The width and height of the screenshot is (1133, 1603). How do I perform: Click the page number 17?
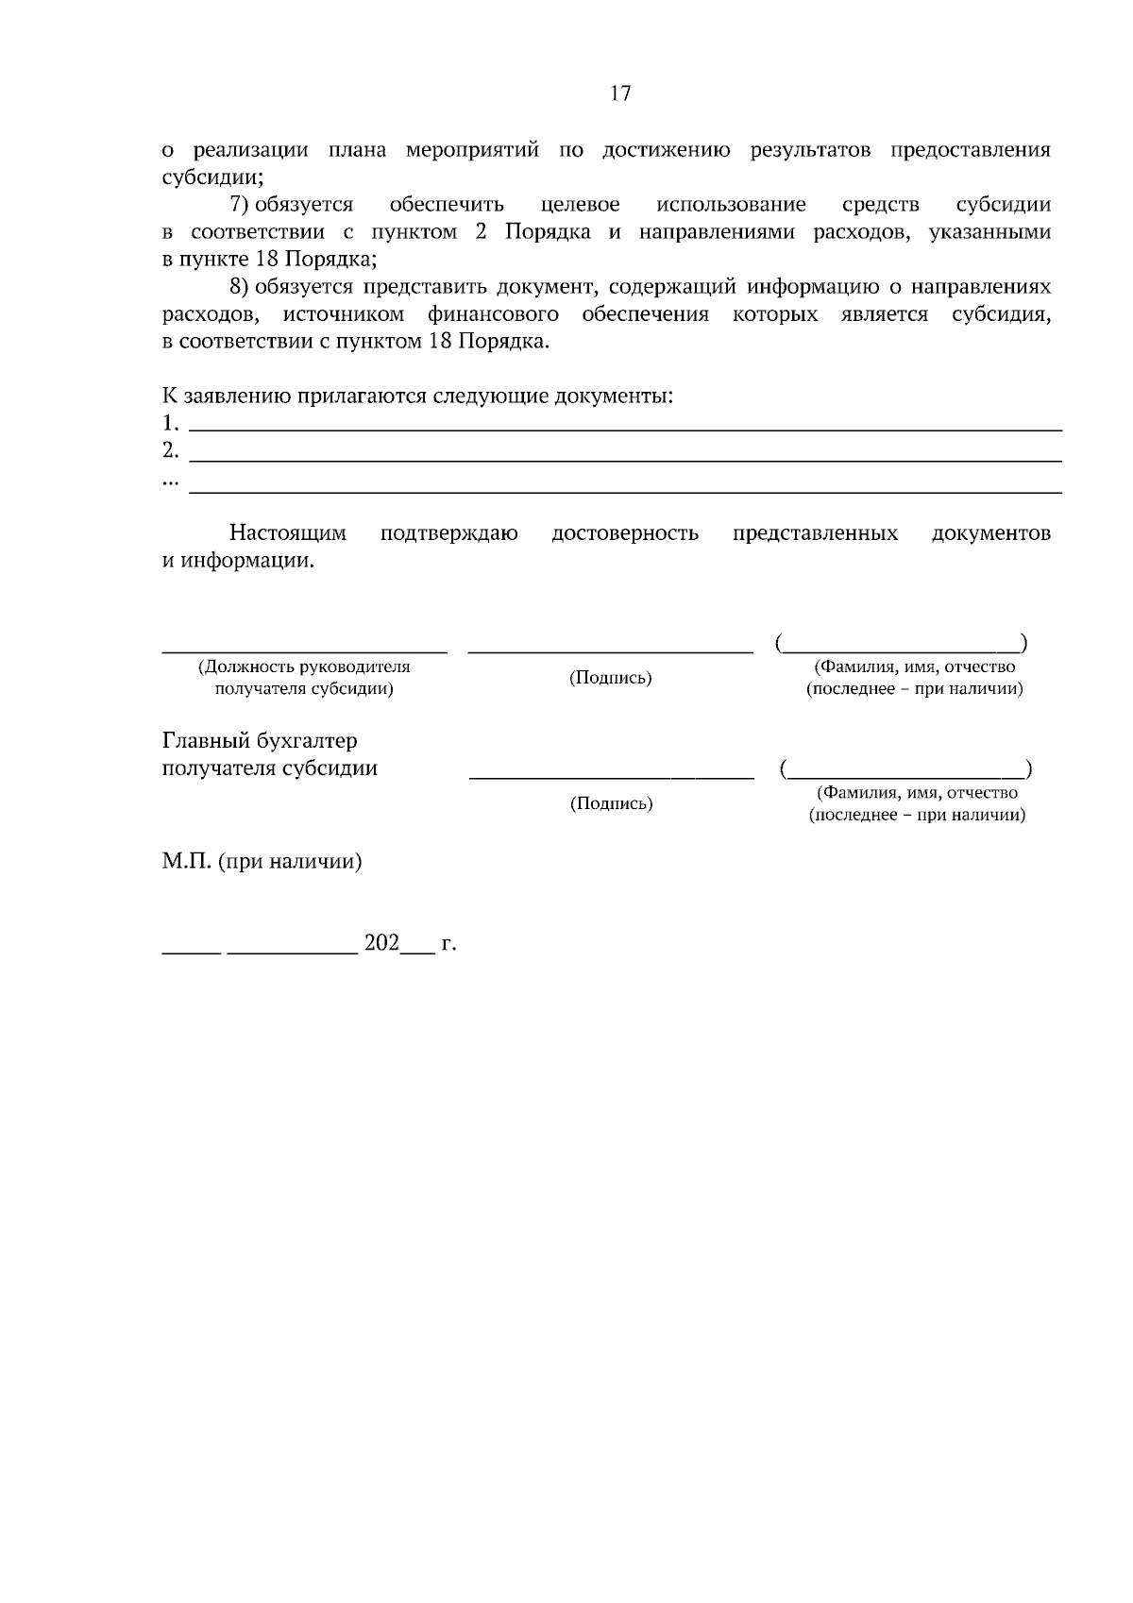tap(620, 93)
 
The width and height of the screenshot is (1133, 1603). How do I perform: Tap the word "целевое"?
tap(581, 205)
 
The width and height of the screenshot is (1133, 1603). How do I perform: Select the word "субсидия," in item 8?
tap(1001, 314)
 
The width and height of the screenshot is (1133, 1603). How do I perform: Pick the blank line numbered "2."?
tap(626, 459)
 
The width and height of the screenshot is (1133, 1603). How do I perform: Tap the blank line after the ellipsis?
tap(626, 491)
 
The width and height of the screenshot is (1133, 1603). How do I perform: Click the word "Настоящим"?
tap(288, 533)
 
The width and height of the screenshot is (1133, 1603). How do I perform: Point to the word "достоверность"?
tap(625, 533)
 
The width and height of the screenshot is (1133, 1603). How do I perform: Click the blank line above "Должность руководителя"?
tap(304, 650)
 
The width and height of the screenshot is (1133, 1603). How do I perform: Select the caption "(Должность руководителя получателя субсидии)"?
tap(304, 678)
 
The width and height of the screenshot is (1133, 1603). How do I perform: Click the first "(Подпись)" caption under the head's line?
tap(611, 678)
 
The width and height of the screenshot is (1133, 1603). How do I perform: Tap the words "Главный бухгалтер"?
tap(260, 741)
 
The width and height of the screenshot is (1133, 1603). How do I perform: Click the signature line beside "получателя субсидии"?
tap(612, 776)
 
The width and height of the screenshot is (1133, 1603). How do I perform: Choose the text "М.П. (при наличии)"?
tap(262, 862)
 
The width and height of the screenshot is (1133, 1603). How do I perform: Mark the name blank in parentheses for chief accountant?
tap(906, 772)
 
